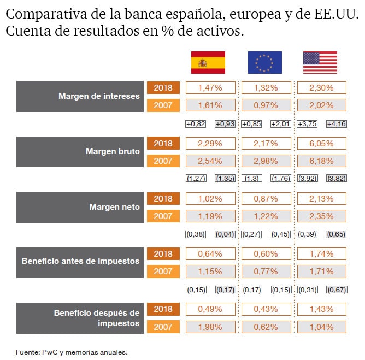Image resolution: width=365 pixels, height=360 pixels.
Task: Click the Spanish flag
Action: tap(208, 62)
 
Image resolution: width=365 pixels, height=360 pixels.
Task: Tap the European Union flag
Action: tap(264, 62)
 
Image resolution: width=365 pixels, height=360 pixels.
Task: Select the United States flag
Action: tap(320, 62)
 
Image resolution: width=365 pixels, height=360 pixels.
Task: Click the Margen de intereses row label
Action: tap(99, 96)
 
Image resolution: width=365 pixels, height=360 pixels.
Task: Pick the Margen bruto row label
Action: tap(113, 151)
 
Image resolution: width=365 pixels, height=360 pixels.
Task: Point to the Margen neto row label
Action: tap(114, 207)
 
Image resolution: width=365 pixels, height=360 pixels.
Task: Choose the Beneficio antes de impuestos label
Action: tap(80, 261)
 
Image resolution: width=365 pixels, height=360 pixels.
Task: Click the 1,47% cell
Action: tap(210, 87)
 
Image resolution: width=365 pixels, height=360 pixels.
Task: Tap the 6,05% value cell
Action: tap(321, 143)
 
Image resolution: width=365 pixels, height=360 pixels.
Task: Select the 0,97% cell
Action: tap(266, 105)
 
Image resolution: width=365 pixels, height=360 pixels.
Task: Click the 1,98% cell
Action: tap(210, 327)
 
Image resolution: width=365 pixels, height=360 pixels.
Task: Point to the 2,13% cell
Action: tap(321, 198)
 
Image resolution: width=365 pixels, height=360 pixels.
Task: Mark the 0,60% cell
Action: tap(266, 253)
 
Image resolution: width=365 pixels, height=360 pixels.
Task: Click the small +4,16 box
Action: tap(336, 124)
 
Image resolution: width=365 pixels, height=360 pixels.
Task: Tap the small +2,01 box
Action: tap(280, 124)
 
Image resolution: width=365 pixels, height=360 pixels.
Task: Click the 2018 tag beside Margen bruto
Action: tap(163, 143)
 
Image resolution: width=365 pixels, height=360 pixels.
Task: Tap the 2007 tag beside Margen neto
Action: tap(163, 216)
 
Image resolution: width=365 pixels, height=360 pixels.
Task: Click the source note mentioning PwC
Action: tap(72, 352)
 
